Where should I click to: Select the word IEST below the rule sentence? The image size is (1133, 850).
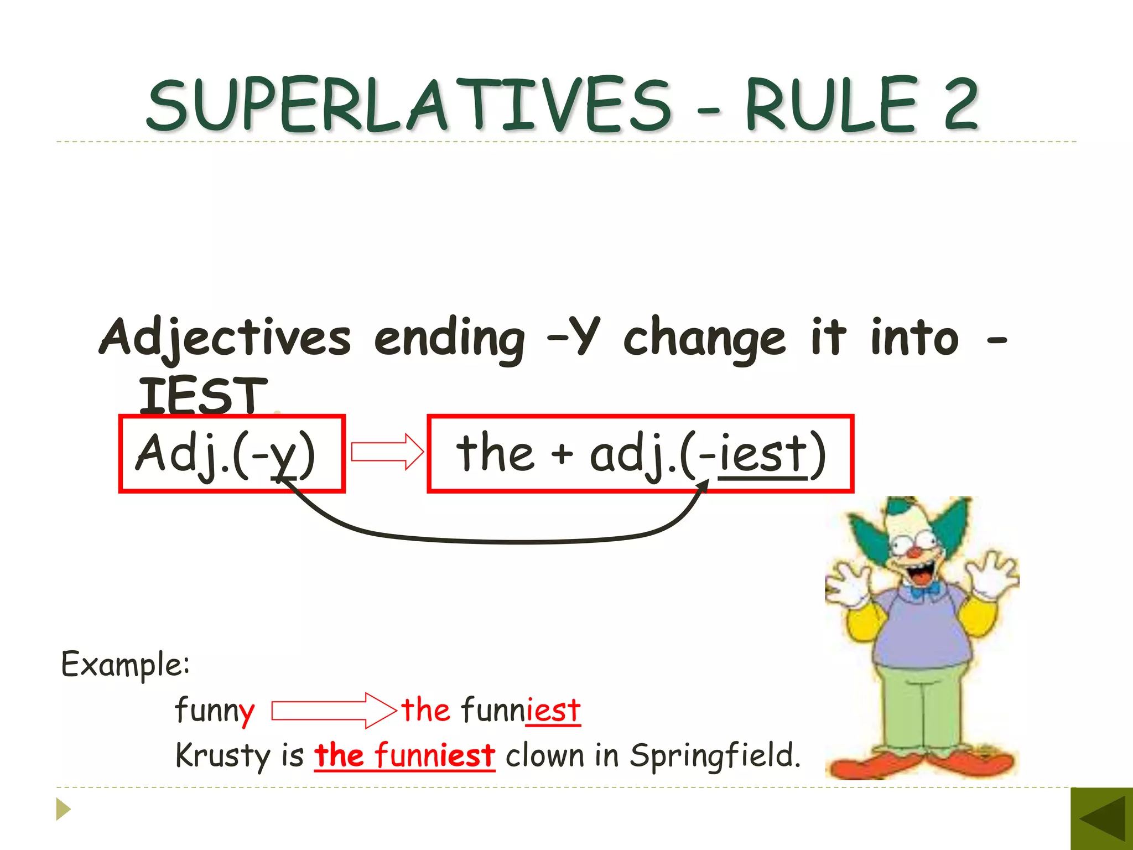pyautogui.click(x=202, y=395)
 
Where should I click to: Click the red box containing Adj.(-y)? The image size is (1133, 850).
pyautogui.click(x=232, y=453)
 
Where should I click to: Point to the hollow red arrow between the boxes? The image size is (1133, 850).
pyautogui.click(x=387, y=452)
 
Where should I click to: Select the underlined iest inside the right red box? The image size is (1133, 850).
pyautogui.click(x=762, y=454)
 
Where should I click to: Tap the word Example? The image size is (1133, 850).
pyautogui.click(x=125, y=664)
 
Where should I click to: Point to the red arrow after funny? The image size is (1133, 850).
pyautogui.click(x=334, y=710)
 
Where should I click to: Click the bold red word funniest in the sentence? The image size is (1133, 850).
pyautogui.click(x=434, y=756)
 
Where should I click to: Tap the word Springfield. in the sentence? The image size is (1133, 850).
pyautogui.click(x=715, y=756)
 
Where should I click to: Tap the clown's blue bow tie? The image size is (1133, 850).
pyautogui.click(x=924, y=592)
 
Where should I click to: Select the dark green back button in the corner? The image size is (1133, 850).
pyautogui.click(x=1101, y=819)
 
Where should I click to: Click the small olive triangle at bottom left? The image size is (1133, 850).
pyautogui.click(x=63, y=809)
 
